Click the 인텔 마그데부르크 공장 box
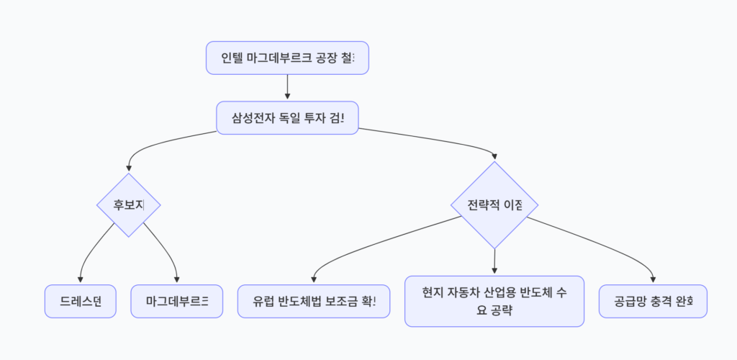coord(287,58)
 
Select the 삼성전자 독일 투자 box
coord(287,117)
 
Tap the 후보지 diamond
coord(129,204)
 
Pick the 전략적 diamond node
coord(494,204)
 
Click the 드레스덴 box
coord(80,301)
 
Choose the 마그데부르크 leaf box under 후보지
coord(177,301)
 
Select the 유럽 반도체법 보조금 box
coord(314,301)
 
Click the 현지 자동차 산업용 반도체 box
coord(494,301)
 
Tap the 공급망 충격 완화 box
coord(653,301)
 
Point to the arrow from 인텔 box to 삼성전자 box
coord(287,87)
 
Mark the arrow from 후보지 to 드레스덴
coord(90,252)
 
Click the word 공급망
coord(630,301)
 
